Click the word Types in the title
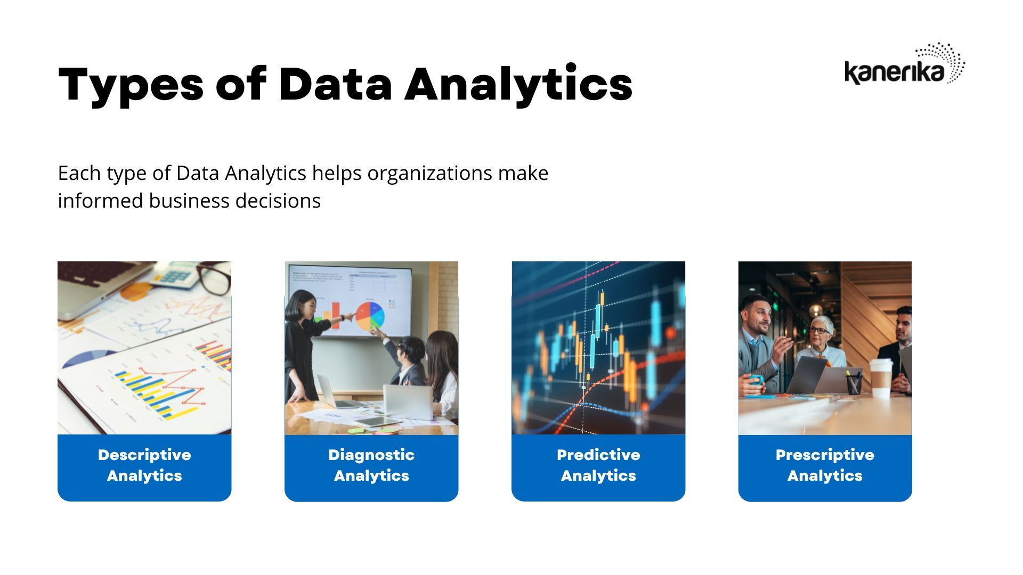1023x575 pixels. pos(131,85)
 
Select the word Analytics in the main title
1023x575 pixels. pos(518,85)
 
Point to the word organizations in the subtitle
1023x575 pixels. pos(429,174)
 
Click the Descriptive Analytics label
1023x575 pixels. pos(144,465)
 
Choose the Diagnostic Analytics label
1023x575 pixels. pos(371,465)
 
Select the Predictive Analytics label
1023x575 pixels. pos(598,465)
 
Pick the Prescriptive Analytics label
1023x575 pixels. pos(825,465)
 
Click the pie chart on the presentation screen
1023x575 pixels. pos(370,317)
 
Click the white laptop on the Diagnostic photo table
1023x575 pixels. pos(408,401)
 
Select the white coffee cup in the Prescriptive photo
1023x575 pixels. pos(881,378)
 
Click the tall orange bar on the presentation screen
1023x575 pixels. pos(336,315)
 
